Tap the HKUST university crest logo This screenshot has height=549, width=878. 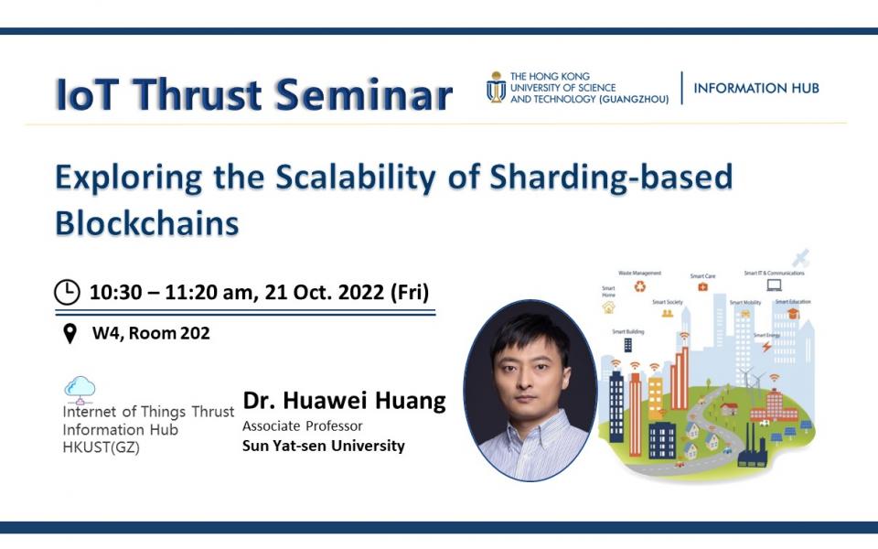496,87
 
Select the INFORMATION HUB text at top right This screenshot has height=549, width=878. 755,89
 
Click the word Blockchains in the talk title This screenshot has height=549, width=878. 147,222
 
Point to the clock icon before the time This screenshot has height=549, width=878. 68,292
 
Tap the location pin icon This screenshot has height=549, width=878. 70,334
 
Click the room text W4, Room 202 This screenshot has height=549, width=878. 151,334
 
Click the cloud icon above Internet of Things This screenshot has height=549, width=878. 80,389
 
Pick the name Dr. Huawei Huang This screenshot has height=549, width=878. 344,401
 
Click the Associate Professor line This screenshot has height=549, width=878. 302,425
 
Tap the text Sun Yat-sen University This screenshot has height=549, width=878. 323,447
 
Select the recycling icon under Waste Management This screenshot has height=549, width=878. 639,286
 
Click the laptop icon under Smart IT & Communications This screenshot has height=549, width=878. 774,285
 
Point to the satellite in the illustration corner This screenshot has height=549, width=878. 800,257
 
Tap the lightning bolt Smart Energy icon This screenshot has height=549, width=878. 766,347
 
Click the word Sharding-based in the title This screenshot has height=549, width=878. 612,177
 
